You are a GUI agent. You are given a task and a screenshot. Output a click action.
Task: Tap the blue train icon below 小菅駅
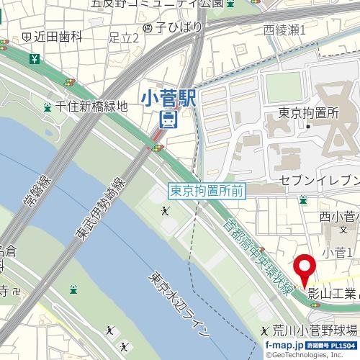click(x=168, y=119)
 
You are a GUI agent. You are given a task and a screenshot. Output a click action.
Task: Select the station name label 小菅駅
click(x=168, y=96)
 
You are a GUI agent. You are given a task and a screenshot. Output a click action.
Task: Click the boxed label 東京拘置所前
click(x=208, y=191)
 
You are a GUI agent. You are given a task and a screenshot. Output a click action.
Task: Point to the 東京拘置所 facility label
click(x=308, y=113)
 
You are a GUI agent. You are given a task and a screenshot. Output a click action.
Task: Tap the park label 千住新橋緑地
click(x=91, y=107)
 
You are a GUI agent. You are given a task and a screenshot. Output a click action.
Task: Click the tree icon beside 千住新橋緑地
click(x=48, y=107)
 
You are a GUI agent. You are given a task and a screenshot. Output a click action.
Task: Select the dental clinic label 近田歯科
click(x=55, y=35)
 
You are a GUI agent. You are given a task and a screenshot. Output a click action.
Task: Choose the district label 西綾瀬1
click(x=284, y=30)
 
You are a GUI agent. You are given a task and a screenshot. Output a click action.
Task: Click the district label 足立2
click(x=123, y=38)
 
